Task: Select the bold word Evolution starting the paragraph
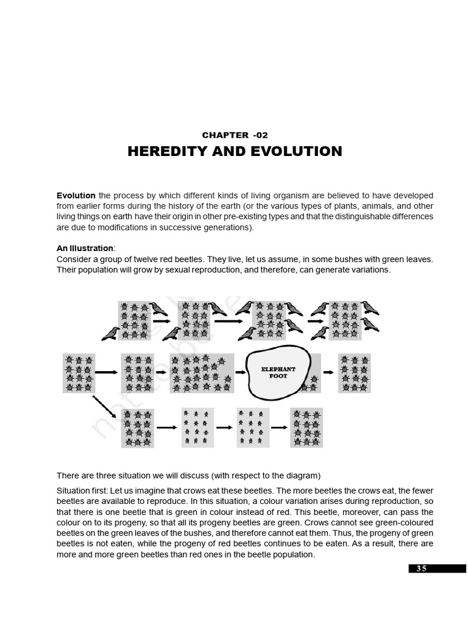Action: coord(76,196)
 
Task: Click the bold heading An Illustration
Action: coord(85,248)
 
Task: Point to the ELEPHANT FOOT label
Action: coord(278,372)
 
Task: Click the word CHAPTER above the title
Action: coord(225,135)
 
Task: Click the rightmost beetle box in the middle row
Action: coord(354,372)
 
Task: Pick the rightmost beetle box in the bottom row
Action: coord(307,427)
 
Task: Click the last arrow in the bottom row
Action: coord(279,427)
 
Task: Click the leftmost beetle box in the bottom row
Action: coord(137,427)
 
